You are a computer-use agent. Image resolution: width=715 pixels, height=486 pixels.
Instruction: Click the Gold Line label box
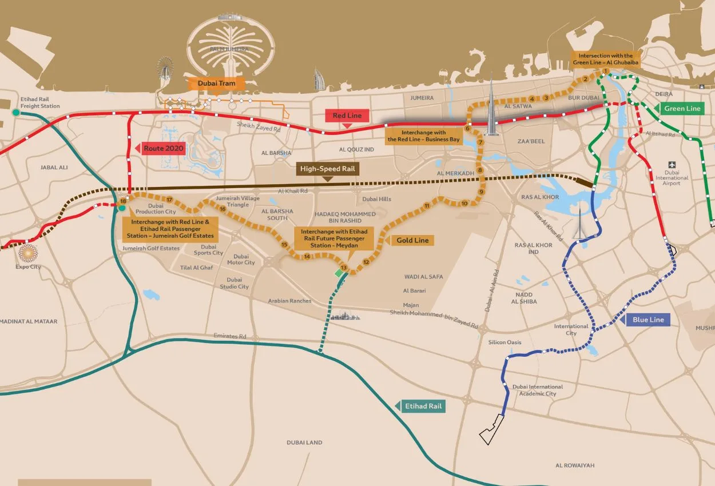412,240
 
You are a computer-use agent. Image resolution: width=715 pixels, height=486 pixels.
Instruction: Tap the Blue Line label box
648,320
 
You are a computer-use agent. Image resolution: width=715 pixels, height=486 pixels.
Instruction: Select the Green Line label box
682,108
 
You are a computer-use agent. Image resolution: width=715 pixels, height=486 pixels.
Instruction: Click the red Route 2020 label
162,148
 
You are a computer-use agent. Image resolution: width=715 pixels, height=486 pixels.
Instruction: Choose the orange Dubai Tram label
216,83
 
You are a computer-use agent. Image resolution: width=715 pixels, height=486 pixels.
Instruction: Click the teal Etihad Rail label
423,406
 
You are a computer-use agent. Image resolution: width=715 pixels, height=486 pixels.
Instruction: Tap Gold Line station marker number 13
344,268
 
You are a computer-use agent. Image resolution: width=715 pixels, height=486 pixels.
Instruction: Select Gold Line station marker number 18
123,201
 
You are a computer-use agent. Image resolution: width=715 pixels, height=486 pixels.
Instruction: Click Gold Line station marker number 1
605,71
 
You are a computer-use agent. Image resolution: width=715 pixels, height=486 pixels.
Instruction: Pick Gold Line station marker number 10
464,204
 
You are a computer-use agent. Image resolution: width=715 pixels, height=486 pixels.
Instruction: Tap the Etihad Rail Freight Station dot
15,113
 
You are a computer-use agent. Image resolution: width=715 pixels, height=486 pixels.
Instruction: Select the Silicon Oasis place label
505,342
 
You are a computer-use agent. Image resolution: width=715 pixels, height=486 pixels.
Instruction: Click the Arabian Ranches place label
290,301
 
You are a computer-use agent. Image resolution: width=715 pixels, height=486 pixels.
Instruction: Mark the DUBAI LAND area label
304,443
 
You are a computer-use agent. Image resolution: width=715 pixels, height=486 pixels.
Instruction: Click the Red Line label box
347,115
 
